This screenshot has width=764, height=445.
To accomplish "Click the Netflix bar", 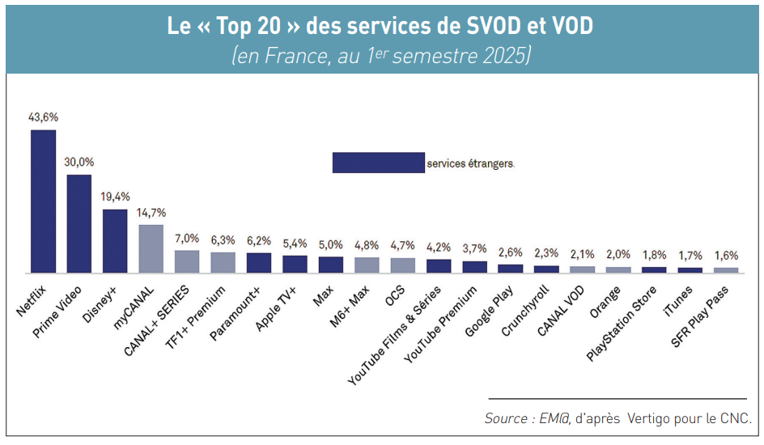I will pos(43,201).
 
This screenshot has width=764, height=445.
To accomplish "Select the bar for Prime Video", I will pos(79,223).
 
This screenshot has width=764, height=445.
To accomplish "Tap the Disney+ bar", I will pos(115,240).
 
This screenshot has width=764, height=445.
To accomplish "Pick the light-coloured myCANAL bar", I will pos(151,248).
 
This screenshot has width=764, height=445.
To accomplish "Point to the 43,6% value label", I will pos(43,117).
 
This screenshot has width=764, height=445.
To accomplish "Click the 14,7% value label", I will pos(151,213).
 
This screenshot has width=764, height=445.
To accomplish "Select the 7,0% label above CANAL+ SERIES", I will pos(187,239).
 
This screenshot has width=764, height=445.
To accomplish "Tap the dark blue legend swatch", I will pos(378,163).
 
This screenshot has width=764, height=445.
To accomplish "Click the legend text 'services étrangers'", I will pos(470,163).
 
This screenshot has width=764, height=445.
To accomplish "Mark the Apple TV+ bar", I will pos(295,264).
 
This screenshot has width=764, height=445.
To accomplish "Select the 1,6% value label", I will pos(726,256).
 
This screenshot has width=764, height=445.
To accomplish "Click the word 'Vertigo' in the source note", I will pos(652,418).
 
